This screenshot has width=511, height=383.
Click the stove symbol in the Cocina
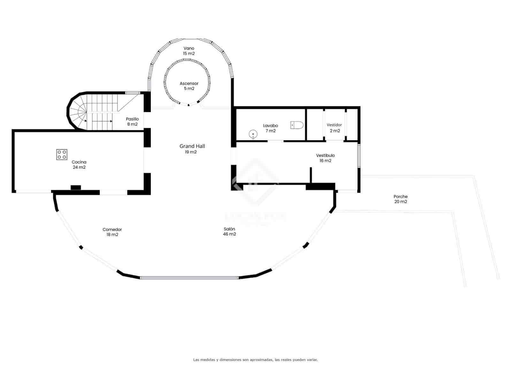(62, 154)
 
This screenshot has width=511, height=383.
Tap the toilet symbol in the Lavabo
(297, 125)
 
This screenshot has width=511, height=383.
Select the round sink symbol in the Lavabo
(253, 134)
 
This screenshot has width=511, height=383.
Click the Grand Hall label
(192, 146)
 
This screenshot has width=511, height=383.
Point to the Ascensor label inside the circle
(189, 84)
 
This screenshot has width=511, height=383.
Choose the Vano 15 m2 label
(189, 51)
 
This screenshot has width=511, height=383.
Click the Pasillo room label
(132, 119)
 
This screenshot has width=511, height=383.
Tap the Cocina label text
(79, 162)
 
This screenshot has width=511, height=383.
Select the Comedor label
(112, 229)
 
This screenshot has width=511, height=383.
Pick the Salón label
(229, 229)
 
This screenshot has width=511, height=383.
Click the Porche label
(400, 197)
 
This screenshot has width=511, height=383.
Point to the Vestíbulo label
(325, 155)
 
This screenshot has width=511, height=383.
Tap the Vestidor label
(334, 125)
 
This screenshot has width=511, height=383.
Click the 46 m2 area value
(229, 234)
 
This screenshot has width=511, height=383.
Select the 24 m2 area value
(79, 167)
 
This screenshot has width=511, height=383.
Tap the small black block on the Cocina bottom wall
(76, 188)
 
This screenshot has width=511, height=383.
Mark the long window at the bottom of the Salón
(189, 278)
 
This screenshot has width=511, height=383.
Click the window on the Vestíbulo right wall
(359, 155)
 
